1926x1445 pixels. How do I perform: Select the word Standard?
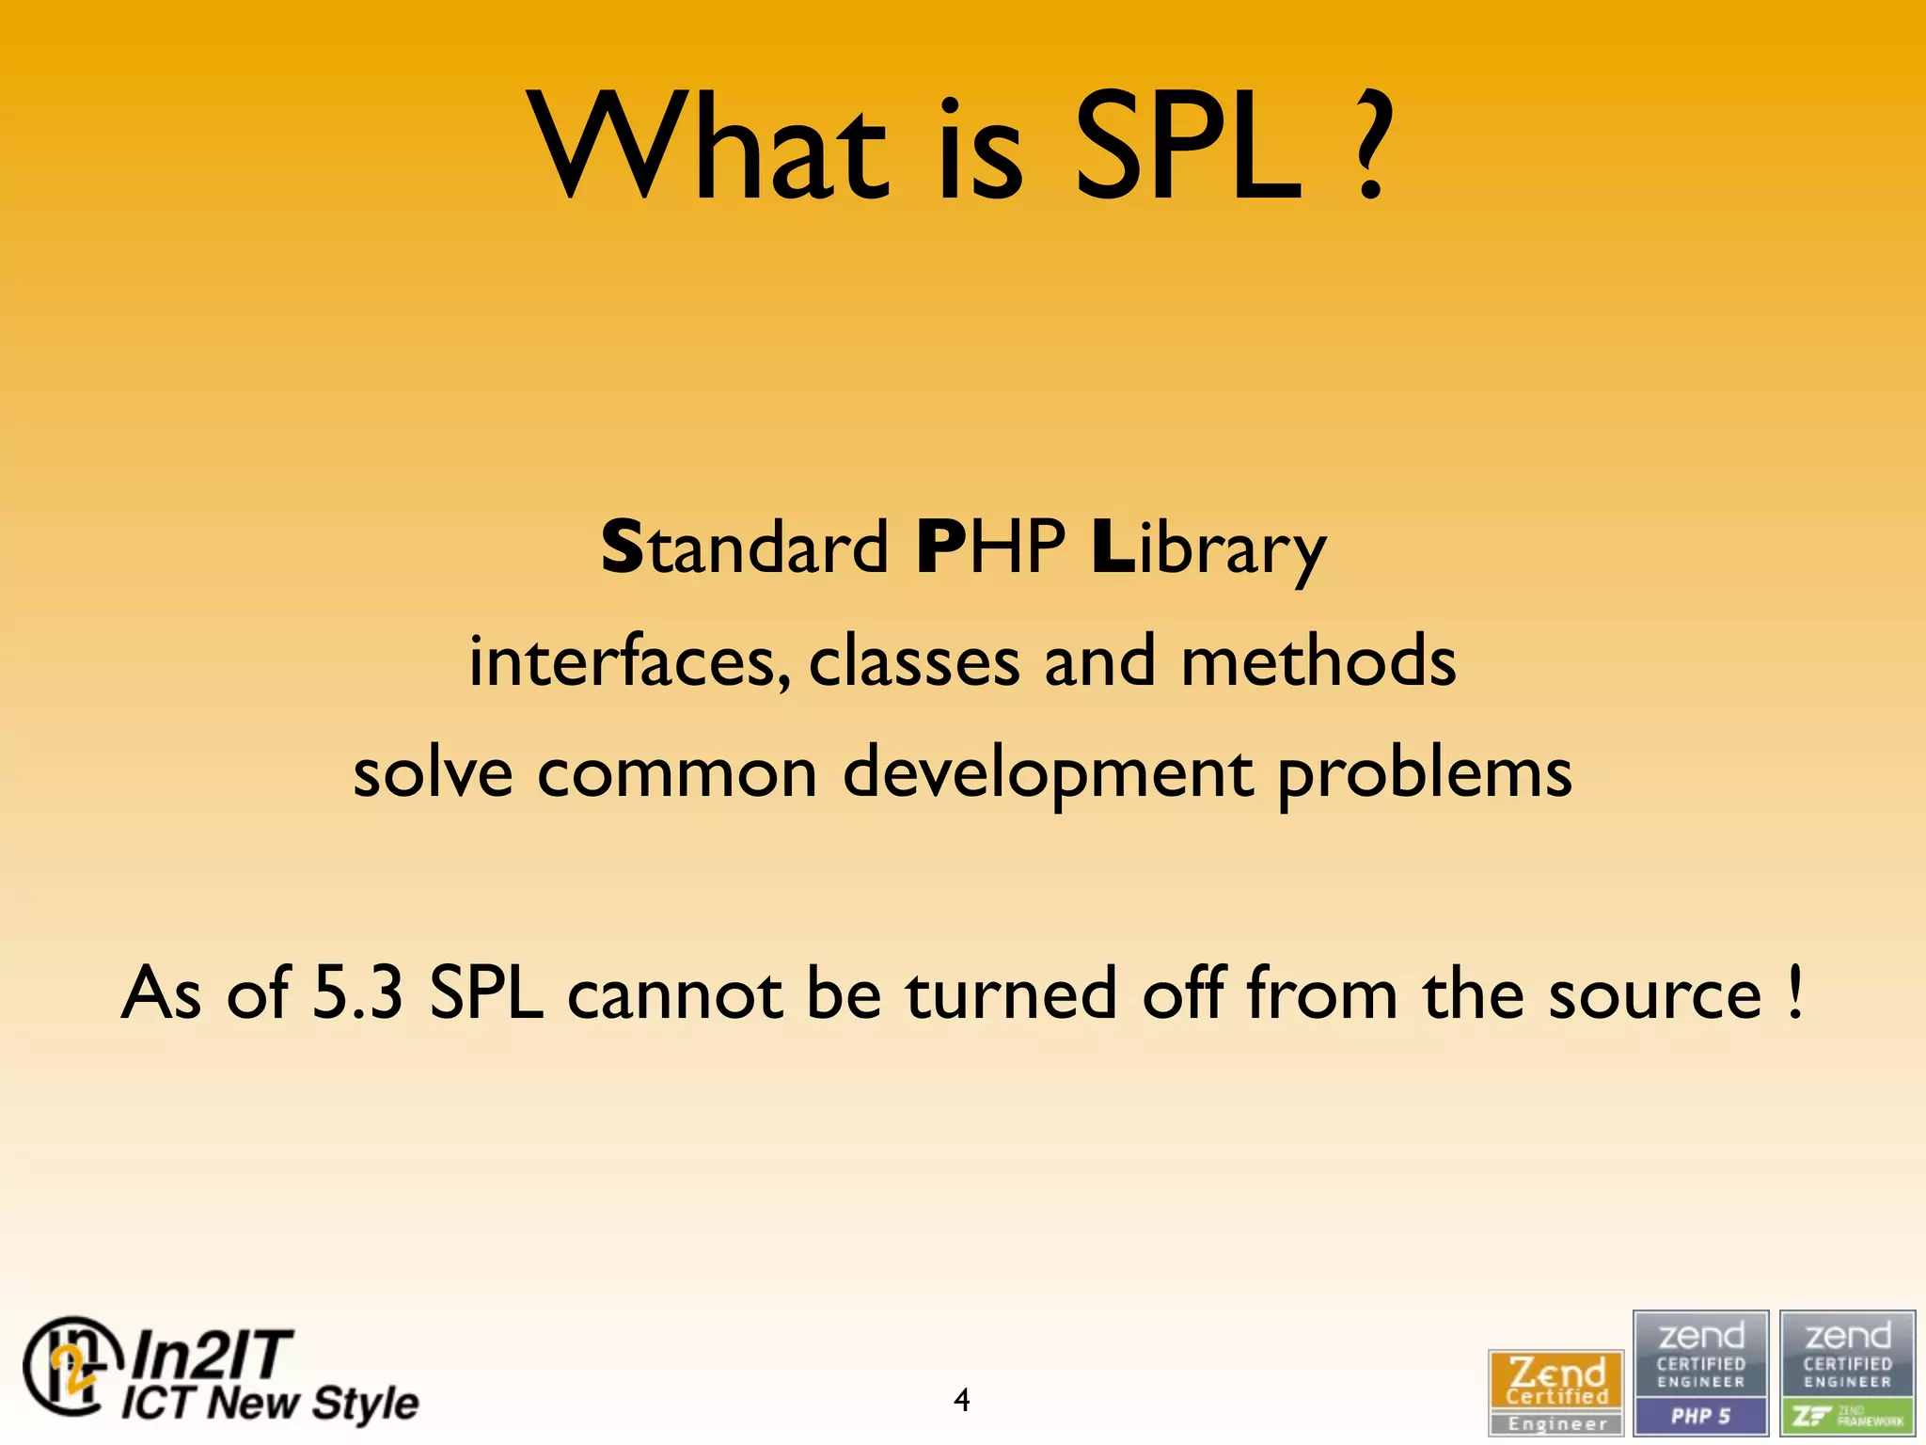(745, 548)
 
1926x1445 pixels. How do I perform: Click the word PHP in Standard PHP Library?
(990, 548)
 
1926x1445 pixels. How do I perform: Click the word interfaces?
(630, 661)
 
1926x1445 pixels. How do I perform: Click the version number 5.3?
(357, 993)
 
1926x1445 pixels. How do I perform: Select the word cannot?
(676, 995)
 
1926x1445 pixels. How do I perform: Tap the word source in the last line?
(1655, 995)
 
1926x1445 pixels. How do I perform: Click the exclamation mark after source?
(1795, 993)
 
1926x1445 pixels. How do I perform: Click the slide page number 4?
(961, 1401)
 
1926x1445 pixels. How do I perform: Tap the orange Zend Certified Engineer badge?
(1556, 1392)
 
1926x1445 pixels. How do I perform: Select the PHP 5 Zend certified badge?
(1700, 1374)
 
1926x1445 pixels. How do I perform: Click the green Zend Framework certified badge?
(1847, 1374)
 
